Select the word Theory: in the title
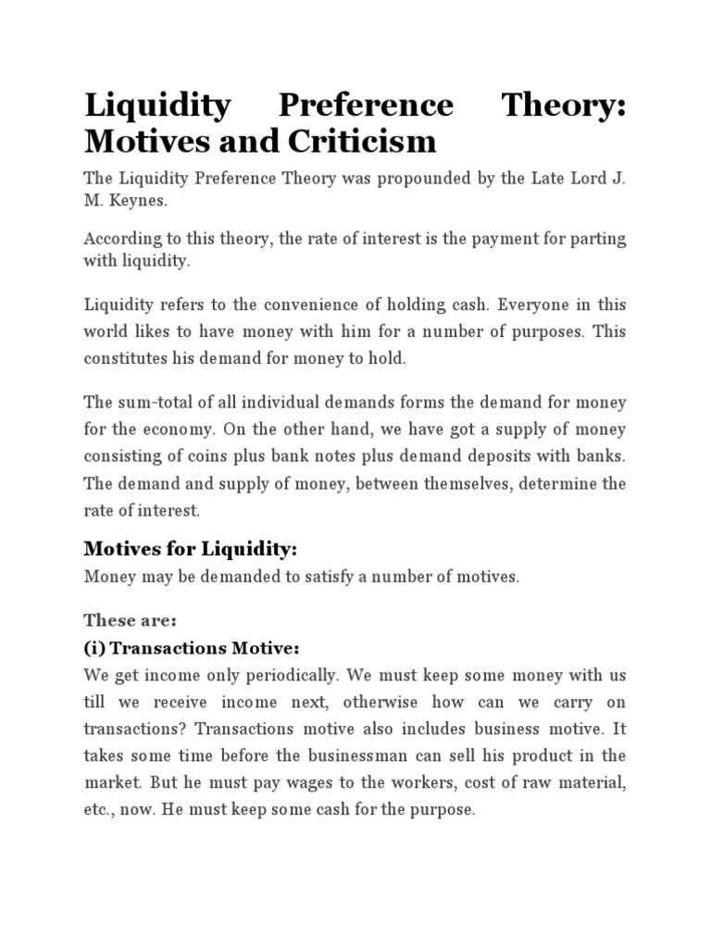(x=563, y=105)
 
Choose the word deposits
(x=502, y=456)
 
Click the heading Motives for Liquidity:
(x=191, y=549)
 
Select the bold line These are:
(x=123, y=619)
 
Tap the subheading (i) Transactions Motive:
(x=193, y=647)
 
